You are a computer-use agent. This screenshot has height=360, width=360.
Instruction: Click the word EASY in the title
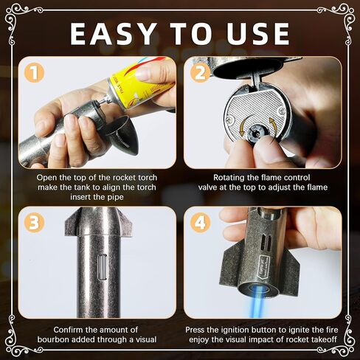click(x=113, y=34)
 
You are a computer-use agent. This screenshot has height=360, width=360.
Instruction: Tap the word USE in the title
click(x=258, y=34)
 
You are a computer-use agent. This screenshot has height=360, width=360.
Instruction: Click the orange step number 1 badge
click(x=34, y=73)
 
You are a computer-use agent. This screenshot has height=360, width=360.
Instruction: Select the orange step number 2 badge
click(x=201, y=73)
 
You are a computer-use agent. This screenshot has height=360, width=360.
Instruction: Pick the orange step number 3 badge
click(x=34, y=223)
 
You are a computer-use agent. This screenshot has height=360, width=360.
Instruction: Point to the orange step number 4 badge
click(x=201, y=223)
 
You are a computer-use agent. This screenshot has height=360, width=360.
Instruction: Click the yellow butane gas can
click(x=140, y=83)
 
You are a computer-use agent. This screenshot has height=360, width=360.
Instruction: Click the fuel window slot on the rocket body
click(x=102, y=267)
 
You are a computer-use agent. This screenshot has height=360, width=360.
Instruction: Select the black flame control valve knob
click(x=257, y=133)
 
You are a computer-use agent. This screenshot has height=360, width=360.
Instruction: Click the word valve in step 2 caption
click(x=208, y=187)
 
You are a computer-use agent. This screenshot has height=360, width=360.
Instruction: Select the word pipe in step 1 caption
click(x=115, y=197)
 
